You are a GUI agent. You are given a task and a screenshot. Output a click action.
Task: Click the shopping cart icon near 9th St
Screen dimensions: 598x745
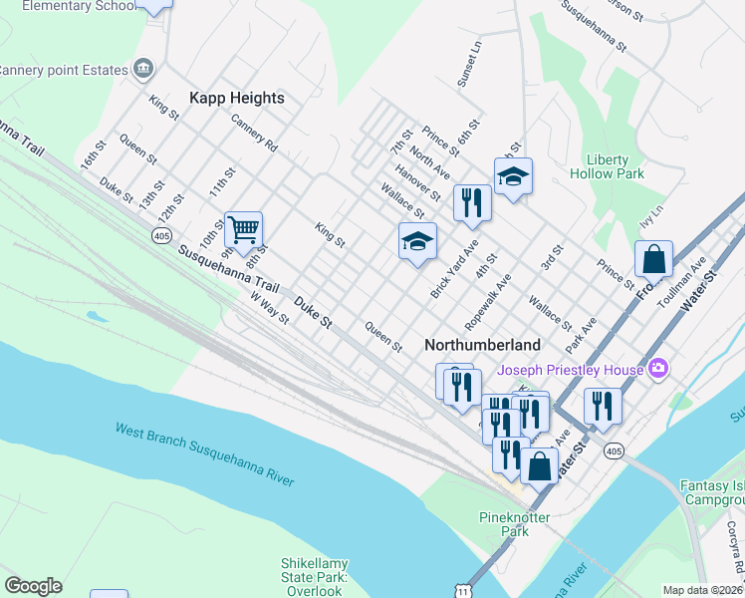[x=243, y=230]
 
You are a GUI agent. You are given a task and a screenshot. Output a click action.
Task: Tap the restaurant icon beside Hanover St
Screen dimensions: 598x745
[x=471, y=202]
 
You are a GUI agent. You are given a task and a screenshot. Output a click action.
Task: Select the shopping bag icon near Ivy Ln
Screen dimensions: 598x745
[x=654, y=259]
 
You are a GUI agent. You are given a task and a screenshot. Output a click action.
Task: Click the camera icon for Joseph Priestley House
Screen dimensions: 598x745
[x=656, y=370]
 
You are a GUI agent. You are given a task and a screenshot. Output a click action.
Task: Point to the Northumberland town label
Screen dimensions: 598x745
[x=482, y=345]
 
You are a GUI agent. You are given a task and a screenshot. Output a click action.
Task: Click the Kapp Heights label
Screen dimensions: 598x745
[x=237, y=98]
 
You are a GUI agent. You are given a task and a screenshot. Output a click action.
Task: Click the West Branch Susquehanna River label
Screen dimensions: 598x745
[x=204, y=454]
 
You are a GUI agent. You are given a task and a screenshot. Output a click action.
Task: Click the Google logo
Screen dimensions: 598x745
[x=33, y=585]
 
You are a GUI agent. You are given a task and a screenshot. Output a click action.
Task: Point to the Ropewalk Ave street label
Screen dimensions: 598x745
[x=488, y=302]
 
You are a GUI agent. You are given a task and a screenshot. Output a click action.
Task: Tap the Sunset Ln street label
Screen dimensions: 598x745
[x=468, y=65]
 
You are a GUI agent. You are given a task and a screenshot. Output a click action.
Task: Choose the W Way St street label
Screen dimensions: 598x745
[x=269, y=308]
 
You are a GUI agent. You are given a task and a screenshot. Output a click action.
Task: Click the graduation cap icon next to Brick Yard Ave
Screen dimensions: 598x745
[x=417, y=242]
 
